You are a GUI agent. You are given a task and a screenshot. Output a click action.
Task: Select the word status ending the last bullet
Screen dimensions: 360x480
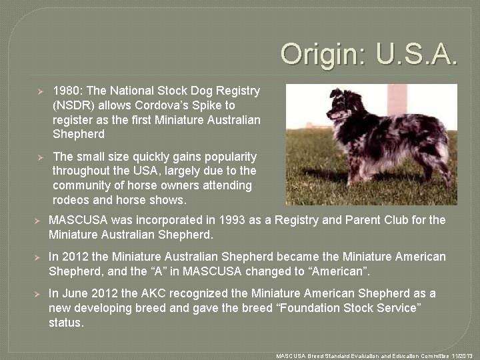click(66, 323)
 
